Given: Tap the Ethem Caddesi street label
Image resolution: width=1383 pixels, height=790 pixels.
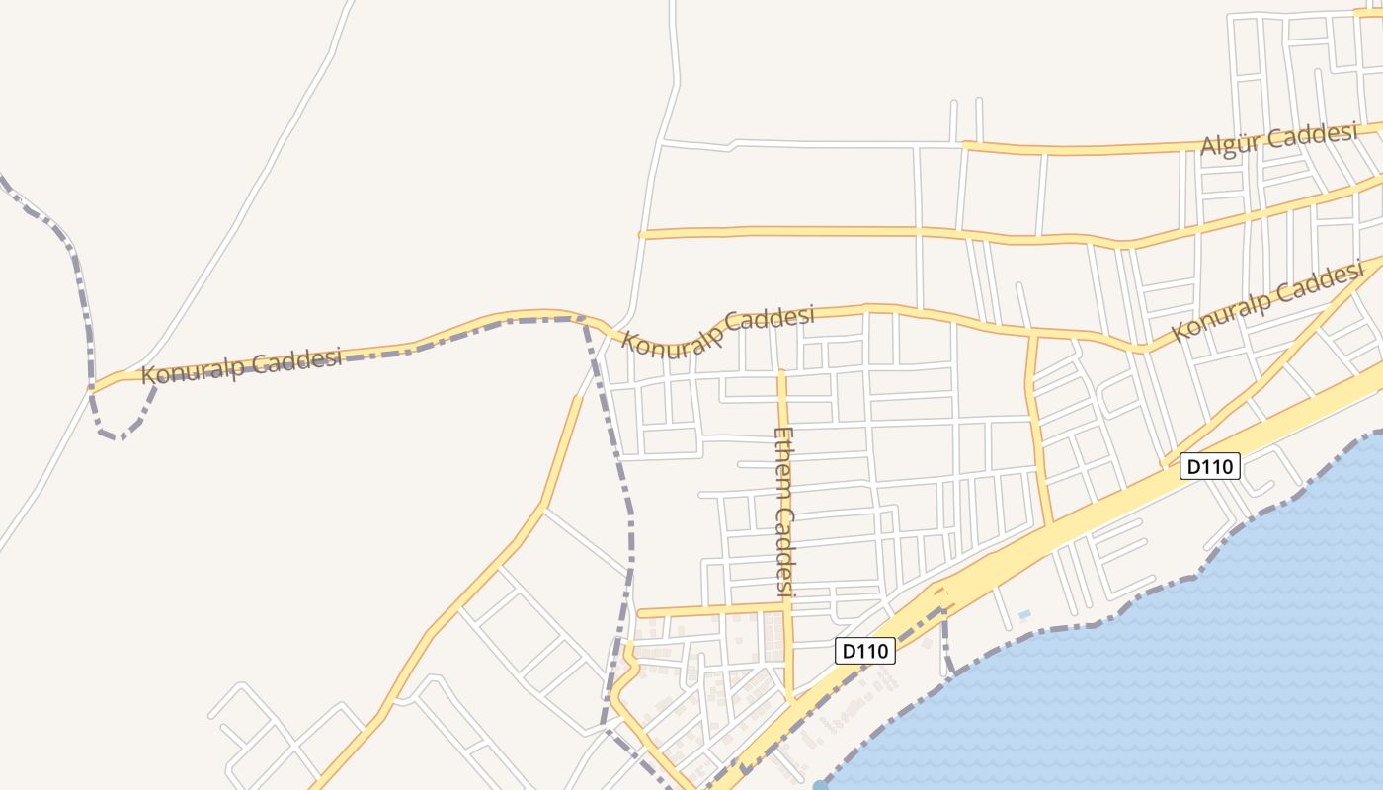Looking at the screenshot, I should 785,513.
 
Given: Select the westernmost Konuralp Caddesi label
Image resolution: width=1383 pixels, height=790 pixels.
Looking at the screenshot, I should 241,365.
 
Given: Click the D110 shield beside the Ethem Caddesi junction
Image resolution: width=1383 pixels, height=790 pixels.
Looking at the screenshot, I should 865,651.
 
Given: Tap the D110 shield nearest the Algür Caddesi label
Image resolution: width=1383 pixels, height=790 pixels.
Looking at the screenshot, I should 1210,466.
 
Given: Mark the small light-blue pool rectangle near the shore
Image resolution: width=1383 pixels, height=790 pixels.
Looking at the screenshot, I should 1024,614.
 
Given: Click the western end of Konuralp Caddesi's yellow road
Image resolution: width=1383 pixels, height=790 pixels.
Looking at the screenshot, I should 93,388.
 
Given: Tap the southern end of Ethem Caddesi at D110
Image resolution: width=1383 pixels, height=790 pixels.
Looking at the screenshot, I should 791,697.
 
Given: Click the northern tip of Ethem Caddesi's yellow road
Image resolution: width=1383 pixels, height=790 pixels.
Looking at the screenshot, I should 781,372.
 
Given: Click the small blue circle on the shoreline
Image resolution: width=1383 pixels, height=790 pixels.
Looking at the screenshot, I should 821,786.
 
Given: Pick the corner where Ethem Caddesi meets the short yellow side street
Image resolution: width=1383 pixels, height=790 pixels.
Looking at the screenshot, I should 787,607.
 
